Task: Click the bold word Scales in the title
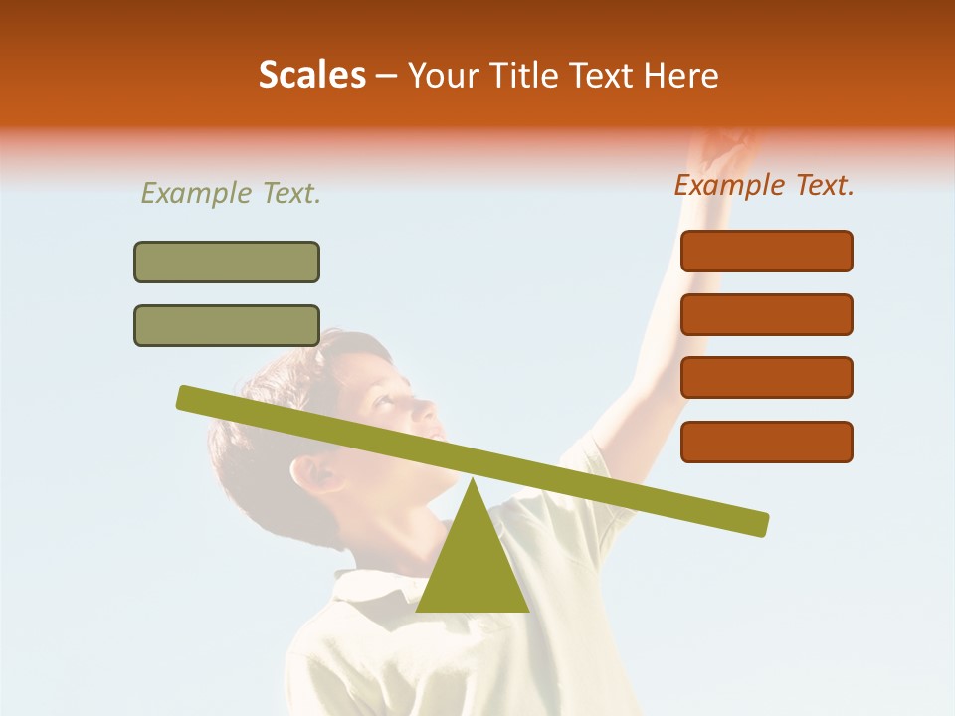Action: (x=311, y=76)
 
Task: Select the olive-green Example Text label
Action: (x=231, y=194)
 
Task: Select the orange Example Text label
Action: (x=764, y=185)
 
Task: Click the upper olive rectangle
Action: (x=227, y=262)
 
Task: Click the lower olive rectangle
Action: (x=227, y=325)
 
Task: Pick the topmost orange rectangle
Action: (x=766, y=251)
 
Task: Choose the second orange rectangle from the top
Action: (x=766, y=314)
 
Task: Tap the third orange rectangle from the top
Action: (x=766, y=378)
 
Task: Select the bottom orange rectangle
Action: (x=766, y=442)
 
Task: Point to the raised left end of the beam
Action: (x=189, y=398)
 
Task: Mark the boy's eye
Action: (x=383, y=400)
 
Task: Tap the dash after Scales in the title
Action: (x=387, y=76)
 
